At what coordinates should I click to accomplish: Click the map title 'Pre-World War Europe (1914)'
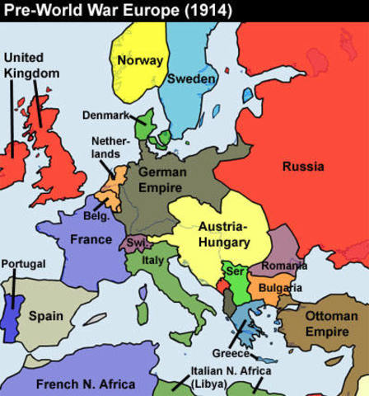(116, 11)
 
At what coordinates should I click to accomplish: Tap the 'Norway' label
(139, 60)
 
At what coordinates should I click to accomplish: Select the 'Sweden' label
(191, 79)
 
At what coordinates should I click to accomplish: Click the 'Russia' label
(302, 167)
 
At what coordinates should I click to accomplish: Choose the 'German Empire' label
(161, 179)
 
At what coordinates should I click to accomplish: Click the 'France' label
(91, 239)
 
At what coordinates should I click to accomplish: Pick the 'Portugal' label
(23, 263)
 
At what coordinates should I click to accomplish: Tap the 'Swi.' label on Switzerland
(135, 243)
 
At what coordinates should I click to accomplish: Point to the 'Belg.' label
(96, 215)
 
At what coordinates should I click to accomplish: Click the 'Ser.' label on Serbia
(234, 271)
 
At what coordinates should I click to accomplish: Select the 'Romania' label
(284, 266)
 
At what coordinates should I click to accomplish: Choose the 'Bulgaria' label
(280, 288)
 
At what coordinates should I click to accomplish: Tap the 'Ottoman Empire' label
(331, 323)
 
